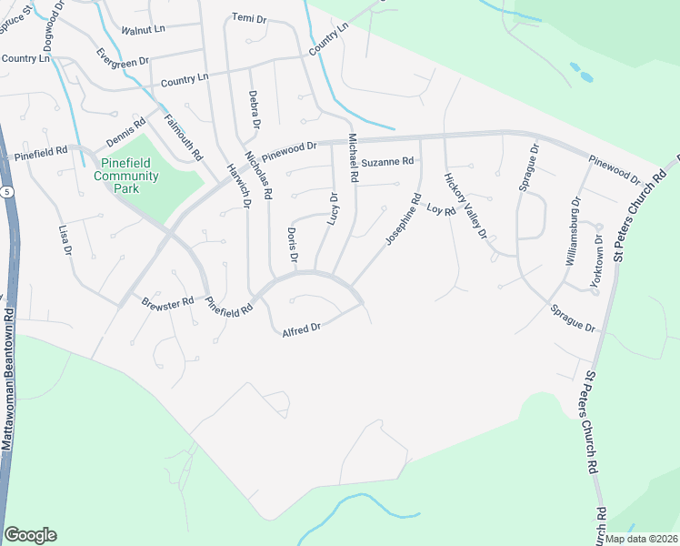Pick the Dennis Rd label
coord(125,134)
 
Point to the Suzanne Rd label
coord(387,162)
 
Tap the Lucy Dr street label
coord(332,210)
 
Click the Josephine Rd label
coord(403,219)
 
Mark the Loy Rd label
coord(440,210)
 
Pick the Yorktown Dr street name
coord(597,264)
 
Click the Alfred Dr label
coord(302,328)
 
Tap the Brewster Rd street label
coord(168,302)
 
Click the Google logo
coord(30,535)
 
